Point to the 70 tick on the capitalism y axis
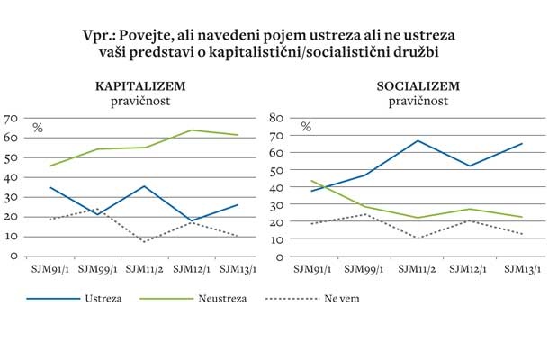click(x=11, y=118)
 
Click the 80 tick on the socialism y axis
click(x=277, y=118)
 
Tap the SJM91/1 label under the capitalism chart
click(x=49, y=268)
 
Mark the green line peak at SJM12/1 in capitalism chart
click(x=192, y=130)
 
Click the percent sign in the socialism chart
click(x=306, y=127)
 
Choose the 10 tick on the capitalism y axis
click(x=11, y=236)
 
